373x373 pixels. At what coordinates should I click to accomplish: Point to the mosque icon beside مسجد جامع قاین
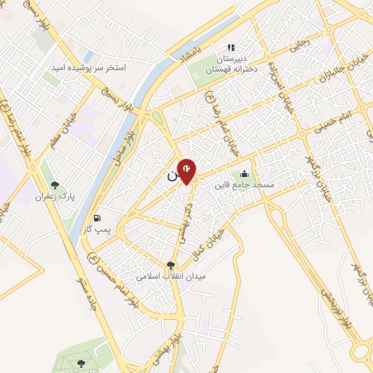pyautogui.click(x=243, y=173)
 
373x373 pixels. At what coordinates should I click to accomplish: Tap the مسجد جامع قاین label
pyautogui.click(x=243, y=185)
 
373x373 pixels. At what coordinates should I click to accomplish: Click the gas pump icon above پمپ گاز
pyautogui.click(x=97, y=217)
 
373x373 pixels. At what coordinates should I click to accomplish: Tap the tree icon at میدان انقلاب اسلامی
pyautogui.click(x=171, y=266)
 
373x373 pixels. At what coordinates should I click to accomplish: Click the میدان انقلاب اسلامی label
pyautogui.click(x=172, y=278)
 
